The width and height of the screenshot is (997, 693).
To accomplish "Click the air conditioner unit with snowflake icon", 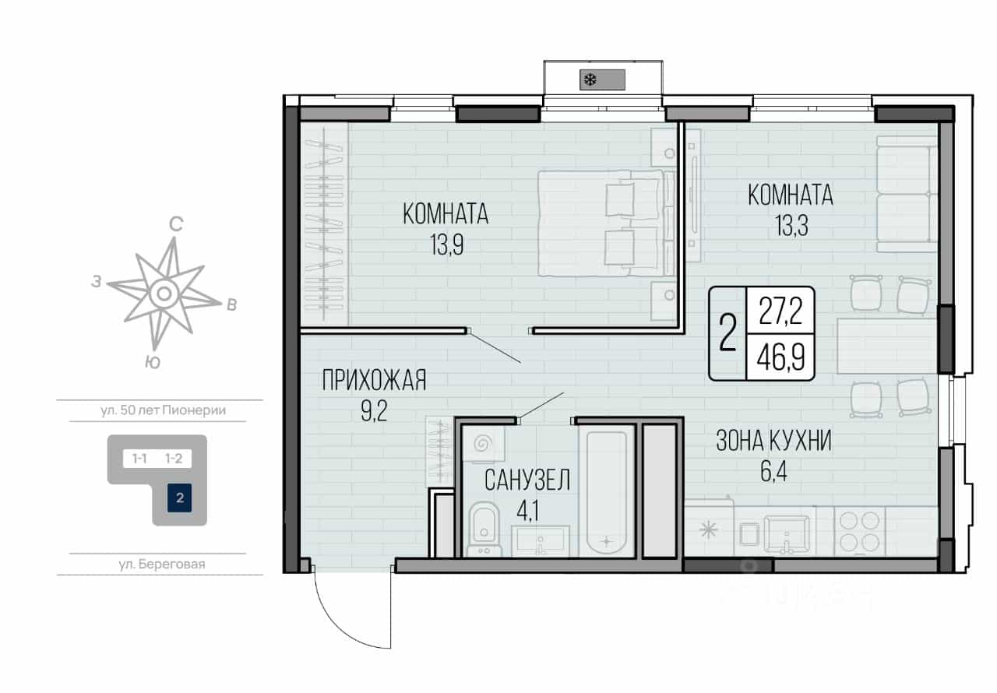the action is pos(602,79).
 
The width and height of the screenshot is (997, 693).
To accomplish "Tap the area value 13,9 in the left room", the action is pos(446,244).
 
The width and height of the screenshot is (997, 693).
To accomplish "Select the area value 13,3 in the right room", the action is pos(791,226).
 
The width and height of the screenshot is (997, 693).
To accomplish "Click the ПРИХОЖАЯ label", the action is pos(375,380).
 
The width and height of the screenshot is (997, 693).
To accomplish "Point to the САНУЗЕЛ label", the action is pos(527,481).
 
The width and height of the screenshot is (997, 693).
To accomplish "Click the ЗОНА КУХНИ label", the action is pos(773,441).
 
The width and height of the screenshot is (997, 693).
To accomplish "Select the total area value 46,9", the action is pos(780,358).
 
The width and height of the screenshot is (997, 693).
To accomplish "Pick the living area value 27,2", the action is pos(780,311).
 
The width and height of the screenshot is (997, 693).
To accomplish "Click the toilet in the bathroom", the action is pos(484,529).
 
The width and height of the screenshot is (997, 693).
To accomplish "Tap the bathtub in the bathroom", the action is pos(606,491).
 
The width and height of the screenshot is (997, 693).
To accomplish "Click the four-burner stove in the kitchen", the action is pos(859,532).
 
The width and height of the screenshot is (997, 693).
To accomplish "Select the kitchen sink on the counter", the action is pos(787,533).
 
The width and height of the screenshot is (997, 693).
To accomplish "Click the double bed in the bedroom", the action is pos(605,223).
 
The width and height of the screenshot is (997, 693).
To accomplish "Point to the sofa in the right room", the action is pos(907,195).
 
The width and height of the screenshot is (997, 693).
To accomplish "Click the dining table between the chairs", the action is pos(887,346).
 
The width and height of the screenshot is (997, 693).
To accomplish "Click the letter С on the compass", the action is pos(176,224).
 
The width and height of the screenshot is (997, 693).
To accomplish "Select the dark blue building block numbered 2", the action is pos(179,498).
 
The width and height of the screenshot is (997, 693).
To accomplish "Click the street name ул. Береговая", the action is pos(162,565).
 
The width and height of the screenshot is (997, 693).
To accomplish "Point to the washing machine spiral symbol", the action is pos(484,444).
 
